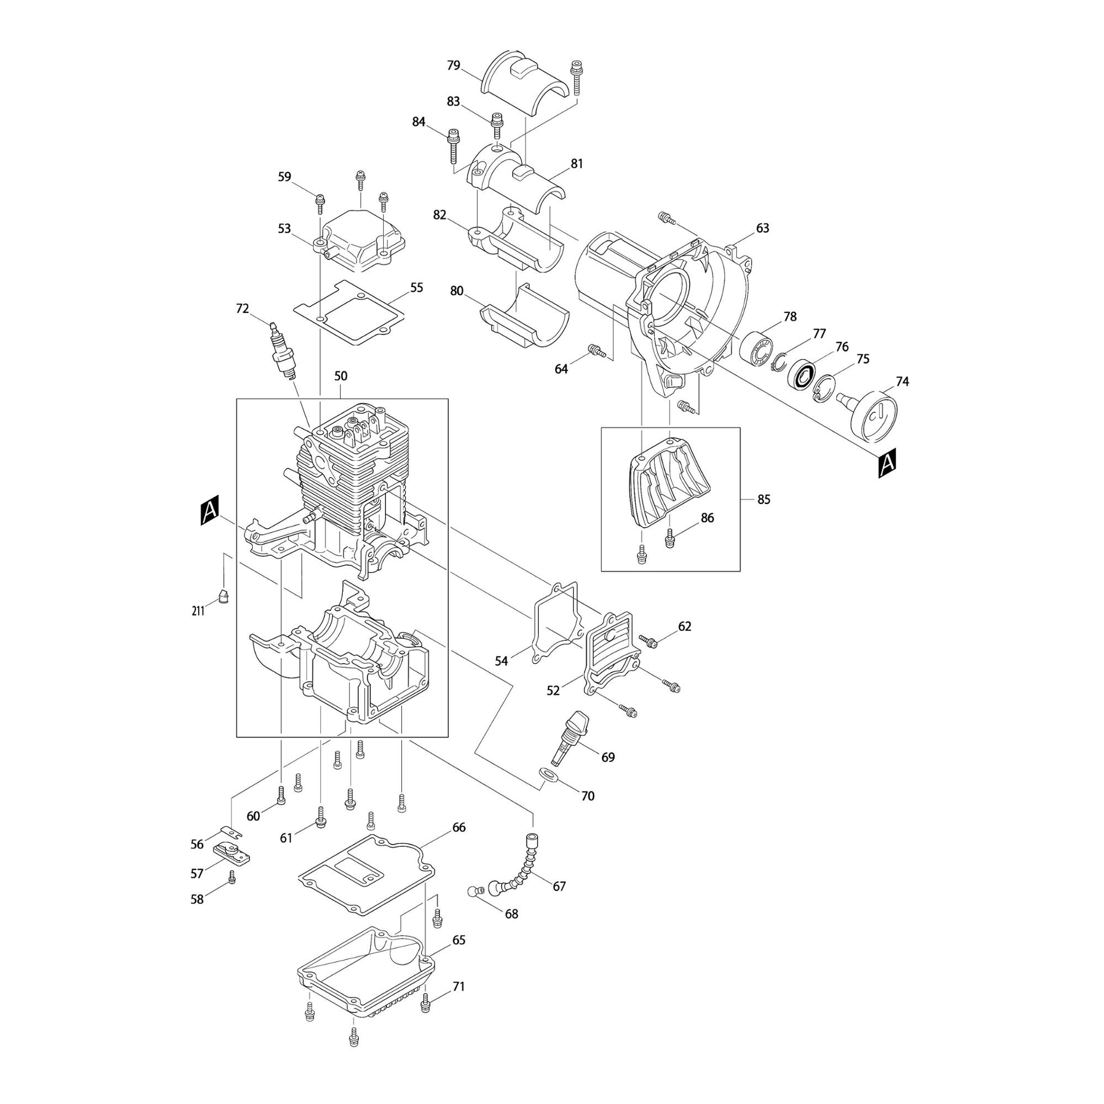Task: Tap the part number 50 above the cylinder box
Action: coord(341,376)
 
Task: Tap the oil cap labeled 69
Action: coord(570,737)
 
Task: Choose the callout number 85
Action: coord(763,500)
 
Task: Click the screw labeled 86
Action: coord(670,538)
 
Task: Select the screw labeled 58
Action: coord(231,877)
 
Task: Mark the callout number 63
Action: coord(762,228)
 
